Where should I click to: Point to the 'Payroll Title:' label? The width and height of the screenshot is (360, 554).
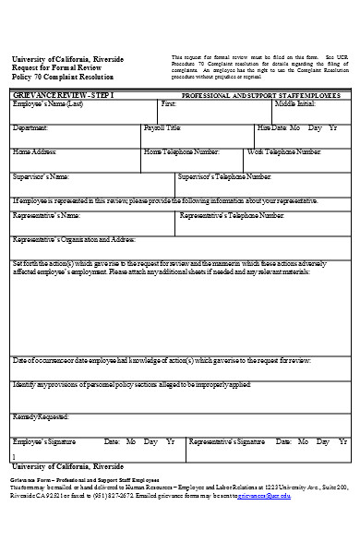(x=164, y=127)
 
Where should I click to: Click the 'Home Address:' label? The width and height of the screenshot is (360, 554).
(x=35, y=151)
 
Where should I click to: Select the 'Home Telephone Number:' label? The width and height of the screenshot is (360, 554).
(x=183, y=151)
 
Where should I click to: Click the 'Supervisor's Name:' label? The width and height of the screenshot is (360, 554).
(x=42, y=175)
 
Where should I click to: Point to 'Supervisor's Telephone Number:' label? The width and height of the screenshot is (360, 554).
(x=231, y=175)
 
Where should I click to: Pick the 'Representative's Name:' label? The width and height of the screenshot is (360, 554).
(x=47, y=215)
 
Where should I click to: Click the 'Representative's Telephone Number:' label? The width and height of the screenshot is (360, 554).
(x=232, y=215)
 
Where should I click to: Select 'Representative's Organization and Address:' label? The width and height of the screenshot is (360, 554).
(x=75, y=238)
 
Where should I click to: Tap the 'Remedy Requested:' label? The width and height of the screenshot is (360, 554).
(x=41, y=416)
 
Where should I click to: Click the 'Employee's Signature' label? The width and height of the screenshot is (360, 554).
(x=45, y=441)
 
